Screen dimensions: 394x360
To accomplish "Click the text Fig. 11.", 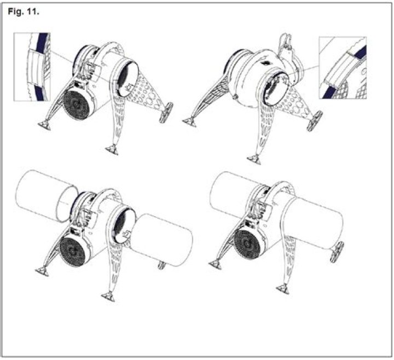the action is pos(24,11).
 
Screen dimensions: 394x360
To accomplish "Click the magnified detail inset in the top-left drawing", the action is pos(32,67).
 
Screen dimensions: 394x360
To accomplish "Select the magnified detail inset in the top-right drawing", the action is pos(343,68).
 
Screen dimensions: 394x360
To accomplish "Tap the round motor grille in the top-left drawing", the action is pos(77,106).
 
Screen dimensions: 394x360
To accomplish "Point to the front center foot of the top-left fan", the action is pos(112,150).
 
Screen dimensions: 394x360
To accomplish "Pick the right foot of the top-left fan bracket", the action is pos(166,113).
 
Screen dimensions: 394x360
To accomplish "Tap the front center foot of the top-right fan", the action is pos(254,159).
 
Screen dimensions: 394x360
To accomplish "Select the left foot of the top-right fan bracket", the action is pos(189,122).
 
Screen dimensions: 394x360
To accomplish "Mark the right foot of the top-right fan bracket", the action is pos(315,121).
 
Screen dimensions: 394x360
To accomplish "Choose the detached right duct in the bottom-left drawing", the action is pos(161,241).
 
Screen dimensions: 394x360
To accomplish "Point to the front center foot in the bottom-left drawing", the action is pos(108,297).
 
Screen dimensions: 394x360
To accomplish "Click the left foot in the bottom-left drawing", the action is pos(42,271).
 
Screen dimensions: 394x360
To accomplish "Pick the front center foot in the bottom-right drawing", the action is pos(283,289).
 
